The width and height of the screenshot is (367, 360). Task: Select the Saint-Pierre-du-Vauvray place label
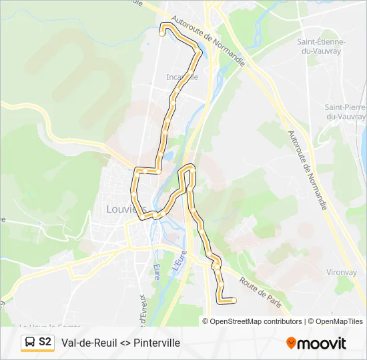344,112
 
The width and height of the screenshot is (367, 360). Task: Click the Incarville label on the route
182,77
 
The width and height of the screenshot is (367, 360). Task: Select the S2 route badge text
45,342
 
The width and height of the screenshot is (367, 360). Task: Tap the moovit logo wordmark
322,343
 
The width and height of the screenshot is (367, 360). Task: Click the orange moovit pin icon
291,343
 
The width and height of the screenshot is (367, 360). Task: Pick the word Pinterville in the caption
157,343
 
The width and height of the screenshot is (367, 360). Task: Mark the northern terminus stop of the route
162,31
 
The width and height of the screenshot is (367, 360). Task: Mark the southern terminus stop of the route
234,300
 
